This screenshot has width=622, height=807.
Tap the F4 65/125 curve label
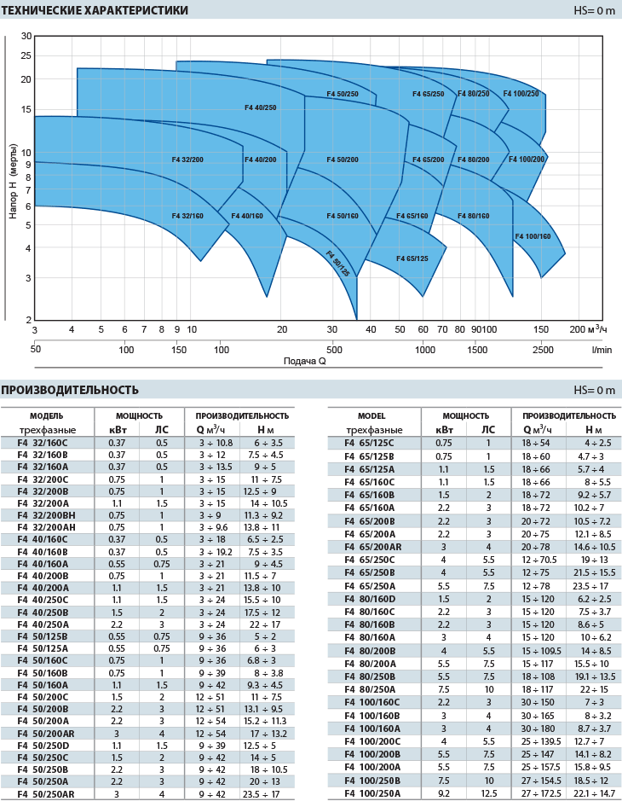click(412, 258)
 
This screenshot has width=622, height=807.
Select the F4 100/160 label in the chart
click(533, 236)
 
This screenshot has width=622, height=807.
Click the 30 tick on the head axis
click(26, 36)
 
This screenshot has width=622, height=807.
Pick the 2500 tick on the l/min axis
click(542, 350)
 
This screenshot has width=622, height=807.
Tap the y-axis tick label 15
click(26, 109)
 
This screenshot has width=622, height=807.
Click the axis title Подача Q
click(305, 361)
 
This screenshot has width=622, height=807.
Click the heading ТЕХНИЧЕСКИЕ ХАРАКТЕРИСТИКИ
click(95, 11)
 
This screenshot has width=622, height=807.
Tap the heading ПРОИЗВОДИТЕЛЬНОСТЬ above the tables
click(70, 390)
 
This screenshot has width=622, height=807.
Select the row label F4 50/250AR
click(46, 794)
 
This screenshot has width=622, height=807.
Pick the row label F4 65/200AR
click(373, 546)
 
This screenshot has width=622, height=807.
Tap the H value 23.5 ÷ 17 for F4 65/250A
click(594, 586)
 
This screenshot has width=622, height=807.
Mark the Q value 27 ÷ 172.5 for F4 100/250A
click(539, 794)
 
